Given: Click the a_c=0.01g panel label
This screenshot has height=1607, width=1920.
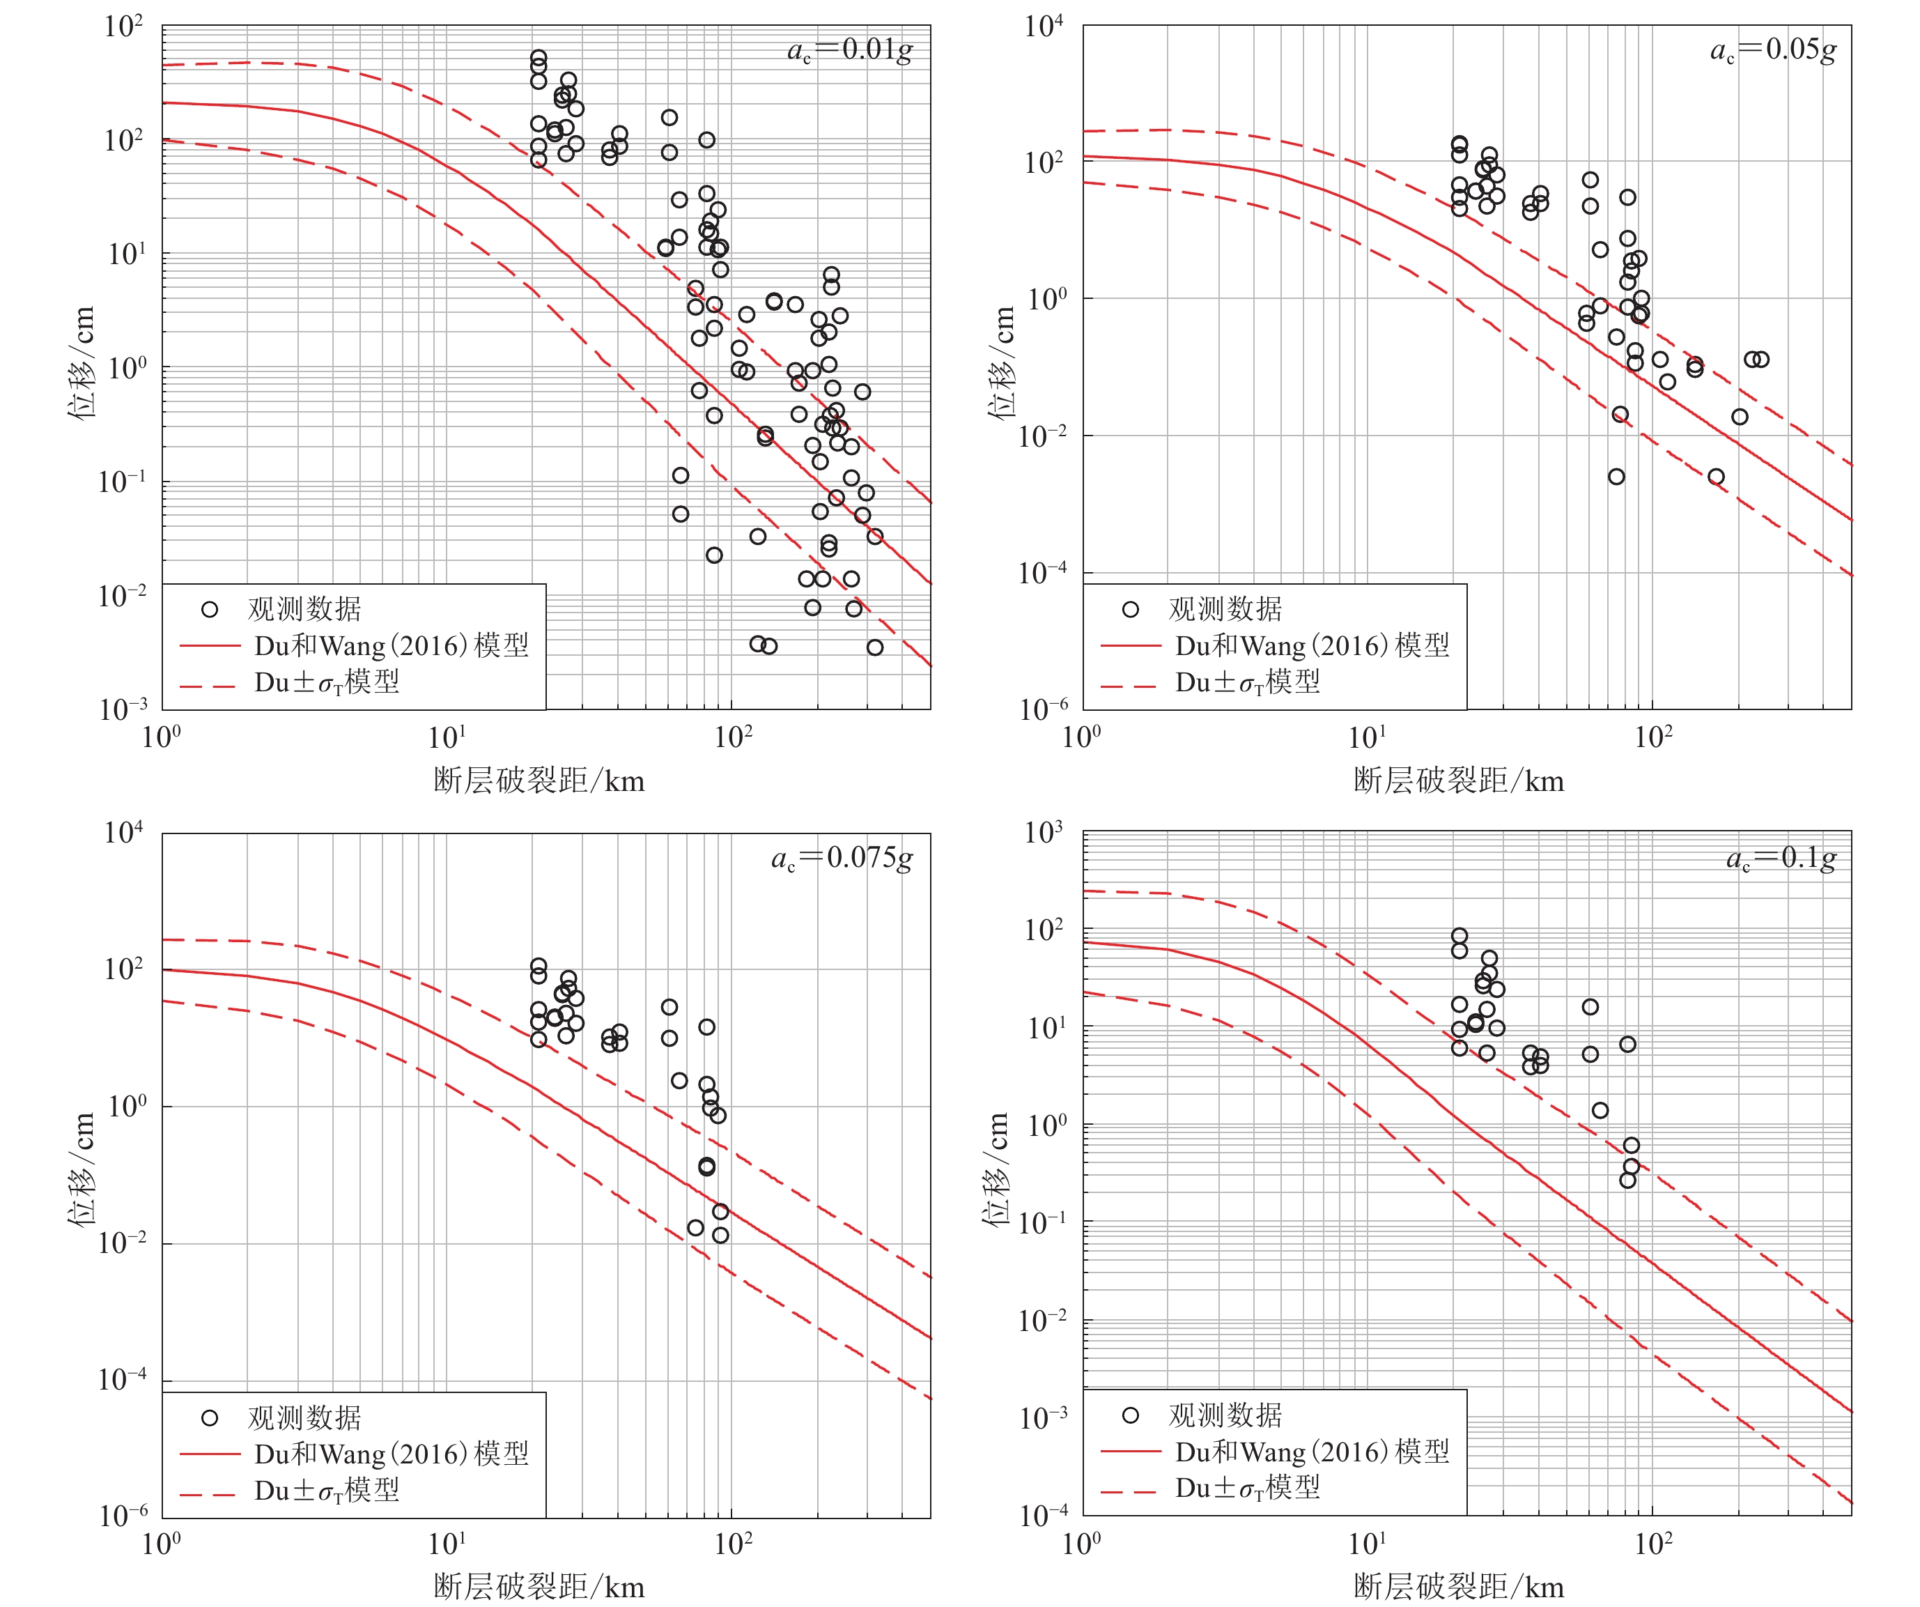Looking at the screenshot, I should click(x=849, y=50).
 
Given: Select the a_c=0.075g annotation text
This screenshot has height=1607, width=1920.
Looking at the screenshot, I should click(x=841, y=859).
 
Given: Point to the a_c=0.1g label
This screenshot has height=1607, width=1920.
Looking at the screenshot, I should click(x=1780, y=859).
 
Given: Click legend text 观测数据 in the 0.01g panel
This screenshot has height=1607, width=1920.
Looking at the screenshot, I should click(x=304, y=609).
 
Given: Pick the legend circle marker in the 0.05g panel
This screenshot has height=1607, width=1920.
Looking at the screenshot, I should click(x=1130, y=609).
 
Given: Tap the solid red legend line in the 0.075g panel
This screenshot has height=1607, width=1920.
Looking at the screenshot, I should click(x=210, y=1454).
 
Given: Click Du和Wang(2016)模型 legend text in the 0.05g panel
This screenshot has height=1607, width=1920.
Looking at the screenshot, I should click(x=1312, y=646).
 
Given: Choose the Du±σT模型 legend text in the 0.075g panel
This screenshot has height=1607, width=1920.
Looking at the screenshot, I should click(x=327, y=1491).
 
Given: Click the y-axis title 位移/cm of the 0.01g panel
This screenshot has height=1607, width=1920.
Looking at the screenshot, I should click(x=82, y=363).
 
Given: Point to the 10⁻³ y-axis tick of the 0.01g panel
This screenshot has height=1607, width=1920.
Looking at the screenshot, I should click(x=123, y=708).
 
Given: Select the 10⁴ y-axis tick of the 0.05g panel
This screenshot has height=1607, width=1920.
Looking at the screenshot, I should click(x=1043, y=26).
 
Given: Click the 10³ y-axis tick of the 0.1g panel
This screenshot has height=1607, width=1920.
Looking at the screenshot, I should click(x=1043, y=832).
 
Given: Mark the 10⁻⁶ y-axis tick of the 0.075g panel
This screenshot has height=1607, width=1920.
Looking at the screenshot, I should click(x=123, y=1516).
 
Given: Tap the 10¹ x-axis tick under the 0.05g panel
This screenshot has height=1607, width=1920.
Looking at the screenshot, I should click(x=1367, y=737).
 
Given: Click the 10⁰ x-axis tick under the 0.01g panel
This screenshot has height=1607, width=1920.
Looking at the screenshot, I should click(x=162, y=737).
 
